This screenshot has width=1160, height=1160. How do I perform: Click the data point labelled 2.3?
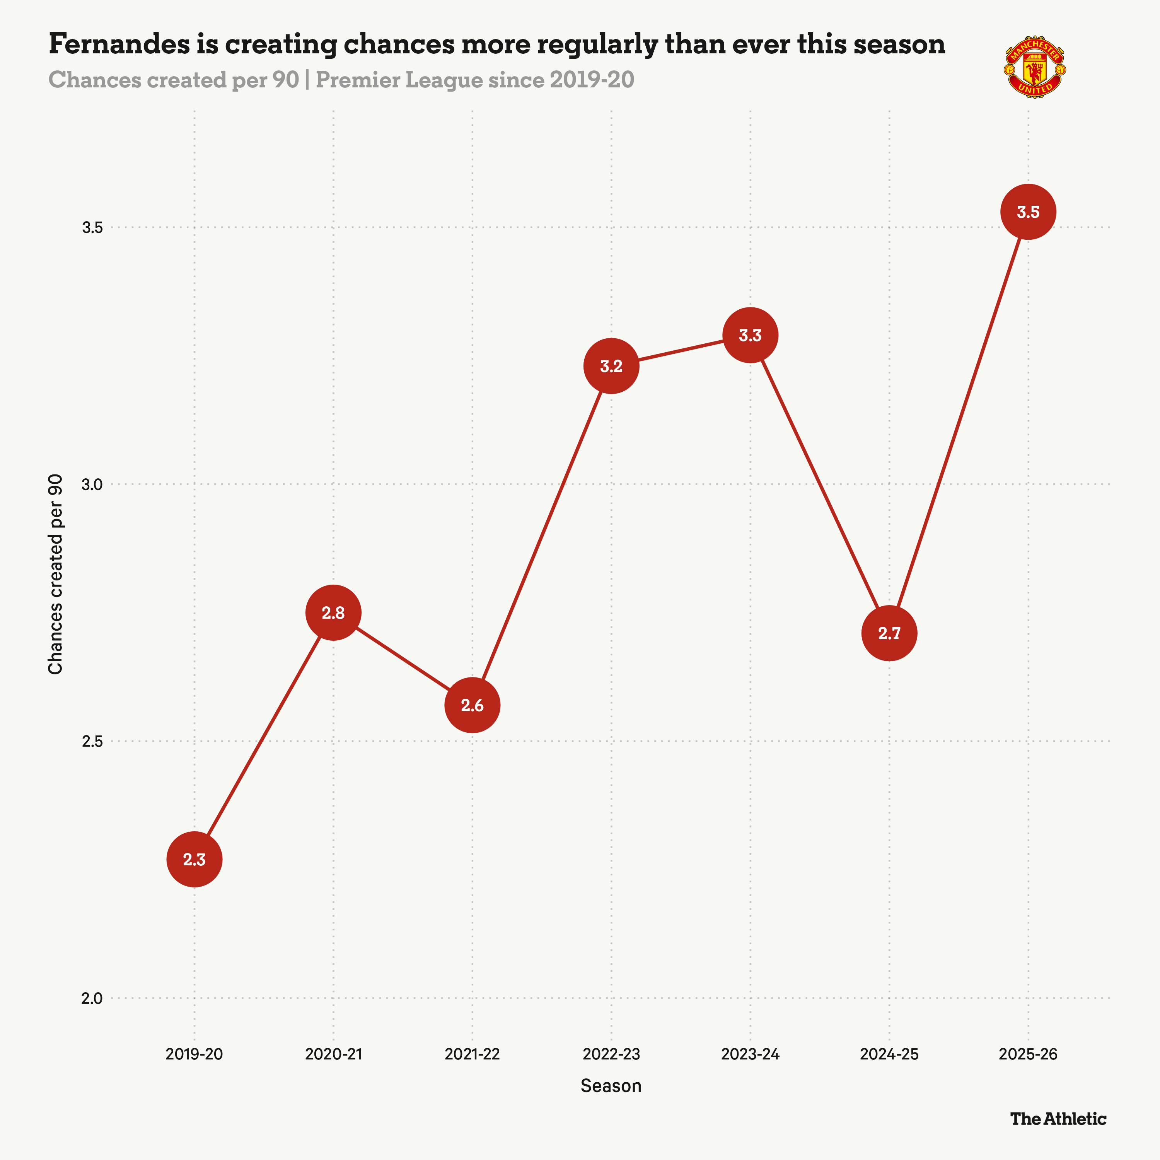(194, 859)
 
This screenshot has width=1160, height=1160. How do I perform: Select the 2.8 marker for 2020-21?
(333, 612)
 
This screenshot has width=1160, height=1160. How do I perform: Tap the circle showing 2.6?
(473, 705)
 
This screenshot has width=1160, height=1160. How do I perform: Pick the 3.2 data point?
(611, 366)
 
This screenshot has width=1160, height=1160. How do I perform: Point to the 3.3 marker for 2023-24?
(750, 335)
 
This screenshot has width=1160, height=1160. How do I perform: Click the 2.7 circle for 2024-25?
(889, 633)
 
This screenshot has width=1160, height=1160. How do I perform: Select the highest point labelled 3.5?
(1028, 212)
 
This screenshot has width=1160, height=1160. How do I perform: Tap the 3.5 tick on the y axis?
(92, 228)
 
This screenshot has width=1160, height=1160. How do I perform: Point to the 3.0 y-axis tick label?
(92, 484)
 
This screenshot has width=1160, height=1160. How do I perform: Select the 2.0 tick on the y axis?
(92, 998)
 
